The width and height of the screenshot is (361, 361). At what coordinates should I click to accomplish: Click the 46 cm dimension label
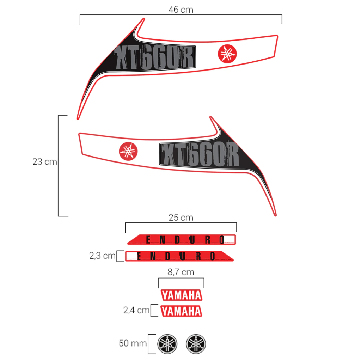[181, 10]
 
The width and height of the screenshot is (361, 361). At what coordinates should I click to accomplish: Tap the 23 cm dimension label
[45, 161]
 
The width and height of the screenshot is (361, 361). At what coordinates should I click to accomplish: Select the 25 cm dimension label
[181, 218]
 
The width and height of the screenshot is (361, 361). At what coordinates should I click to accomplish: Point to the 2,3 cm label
[102, 256]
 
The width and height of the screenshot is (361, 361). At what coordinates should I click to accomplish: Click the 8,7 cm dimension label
[181, 272]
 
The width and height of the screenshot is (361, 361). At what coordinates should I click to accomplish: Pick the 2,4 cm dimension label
[136, 310]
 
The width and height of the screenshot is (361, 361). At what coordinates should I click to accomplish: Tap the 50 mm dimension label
[133, 343]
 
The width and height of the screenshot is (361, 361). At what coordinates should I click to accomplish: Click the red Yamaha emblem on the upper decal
[227, 54]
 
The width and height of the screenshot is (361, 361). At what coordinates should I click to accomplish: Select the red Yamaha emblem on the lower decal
[128, 151]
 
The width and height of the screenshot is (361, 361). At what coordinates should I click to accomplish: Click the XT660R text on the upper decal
[154, 57]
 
